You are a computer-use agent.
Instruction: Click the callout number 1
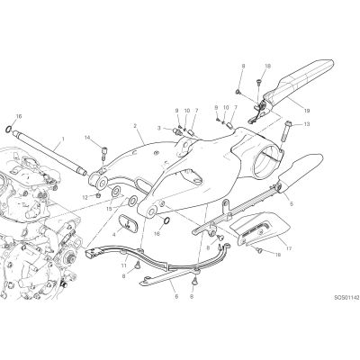(63, 139)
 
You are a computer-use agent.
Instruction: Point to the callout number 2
(135, 126)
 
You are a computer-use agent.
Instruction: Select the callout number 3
(159, 128)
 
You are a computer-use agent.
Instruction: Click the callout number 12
(85, 197)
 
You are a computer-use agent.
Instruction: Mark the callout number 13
(306, 124)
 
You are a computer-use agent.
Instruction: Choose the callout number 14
(87, 138)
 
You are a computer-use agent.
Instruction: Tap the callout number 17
(289, 248)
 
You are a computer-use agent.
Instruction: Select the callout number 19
(306, 111)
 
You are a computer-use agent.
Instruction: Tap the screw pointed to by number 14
(103, 152)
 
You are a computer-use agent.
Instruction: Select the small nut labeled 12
(98, 196)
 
